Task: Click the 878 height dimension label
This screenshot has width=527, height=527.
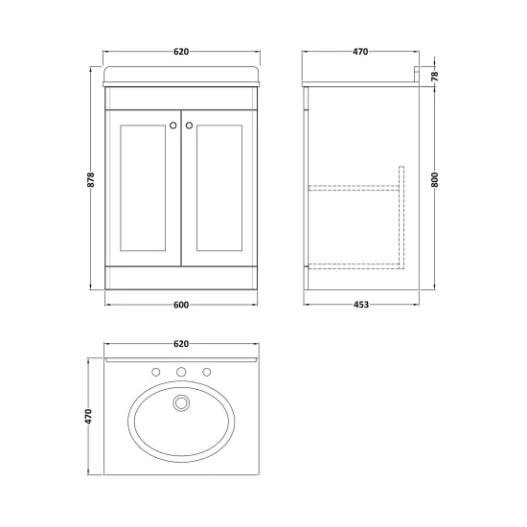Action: coord(91,180)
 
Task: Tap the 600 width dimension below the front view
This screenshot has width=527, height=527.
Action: coord(181,305)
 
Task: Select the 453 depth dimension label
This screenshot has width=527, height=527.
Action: coord(361,305)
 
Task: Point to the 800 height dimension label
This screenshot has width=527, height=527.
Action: coord(435,180)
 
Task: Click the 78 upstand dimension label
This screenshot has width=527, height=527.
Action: coord(435,76)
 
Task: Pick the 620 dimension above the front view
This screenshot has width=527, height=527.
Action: coord(181,52)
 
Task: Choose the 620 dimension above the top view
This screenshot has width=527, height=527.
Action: coord(181,344)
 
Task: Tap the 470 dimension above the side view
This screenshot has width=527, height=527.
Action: coord(360,52)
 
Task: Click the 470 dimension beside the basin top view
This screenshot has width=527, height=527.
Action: coord(89,416)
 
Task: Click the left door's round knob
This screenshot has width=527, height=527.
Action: coord(173,126)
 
